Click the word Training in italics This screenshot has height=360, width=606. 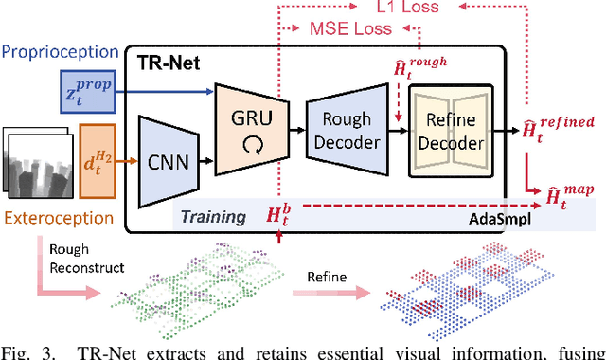(x=216, y=217)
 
